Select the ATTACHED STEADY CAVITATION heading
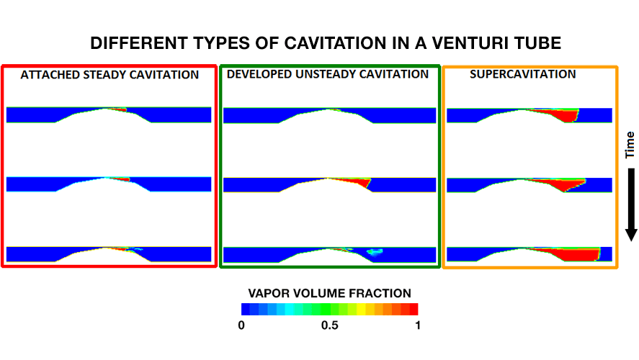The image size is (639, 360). [110, 75]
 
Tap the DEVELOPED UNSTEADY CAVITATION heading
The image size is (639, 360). [328, 74]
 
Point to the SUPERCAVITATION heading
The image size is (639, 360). [523, 74]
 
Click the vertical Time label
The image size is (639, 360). [630, 145]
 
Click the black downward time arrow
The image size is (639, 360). [631, 204]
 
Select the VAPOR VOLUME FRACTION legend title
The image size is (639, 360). [330, 293]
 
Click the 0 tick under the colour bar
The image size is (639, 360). [241, 325]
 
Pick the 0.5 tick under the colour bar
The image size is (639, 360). [330, 325]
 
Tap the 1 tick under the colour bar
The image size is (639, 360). [418, 325]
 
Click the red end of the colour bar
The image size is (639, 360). [414, 309]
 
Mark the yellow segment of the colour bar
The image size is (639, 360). [361, 309]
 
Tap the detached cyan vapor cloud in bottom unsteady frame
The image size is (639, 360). [375, 252]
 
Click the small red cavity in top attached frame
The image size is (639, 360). [120, 109]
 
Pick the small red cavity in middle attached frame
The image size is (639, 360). [123, 179]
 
